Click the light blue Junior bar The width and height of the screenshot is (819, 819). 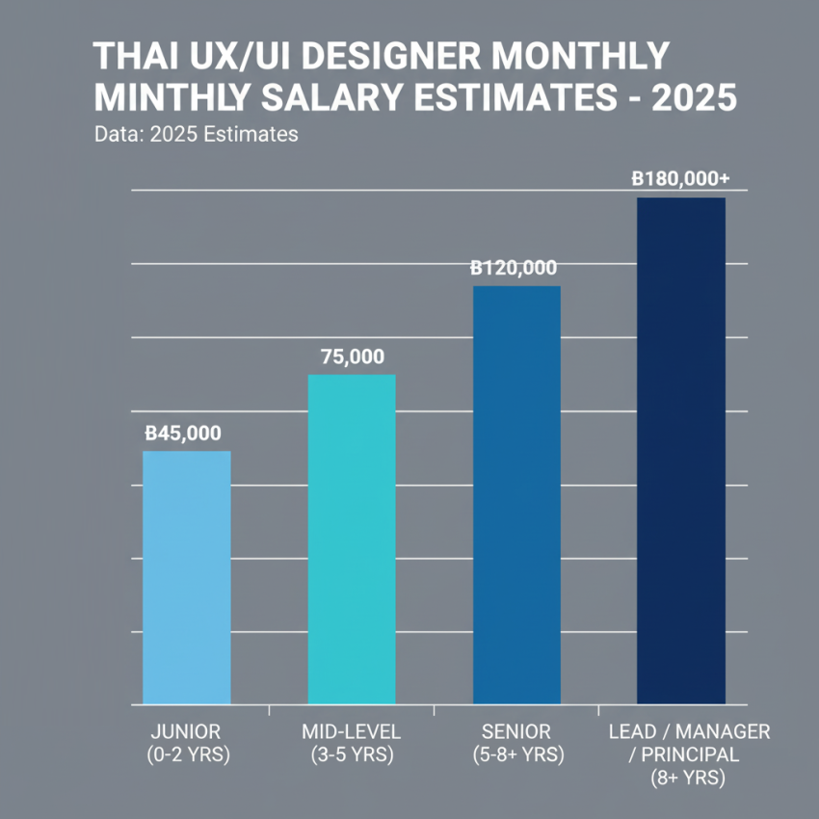point(186,577)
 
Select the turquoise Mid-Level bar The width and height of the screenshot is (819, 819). point(351,539)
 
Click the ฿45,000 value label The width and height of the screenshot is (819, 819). point(182,434)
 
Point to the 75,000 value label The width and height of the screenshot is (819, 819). point(351,357)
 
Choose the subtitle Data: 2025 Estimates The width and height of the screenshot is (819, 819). point(197,135)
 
